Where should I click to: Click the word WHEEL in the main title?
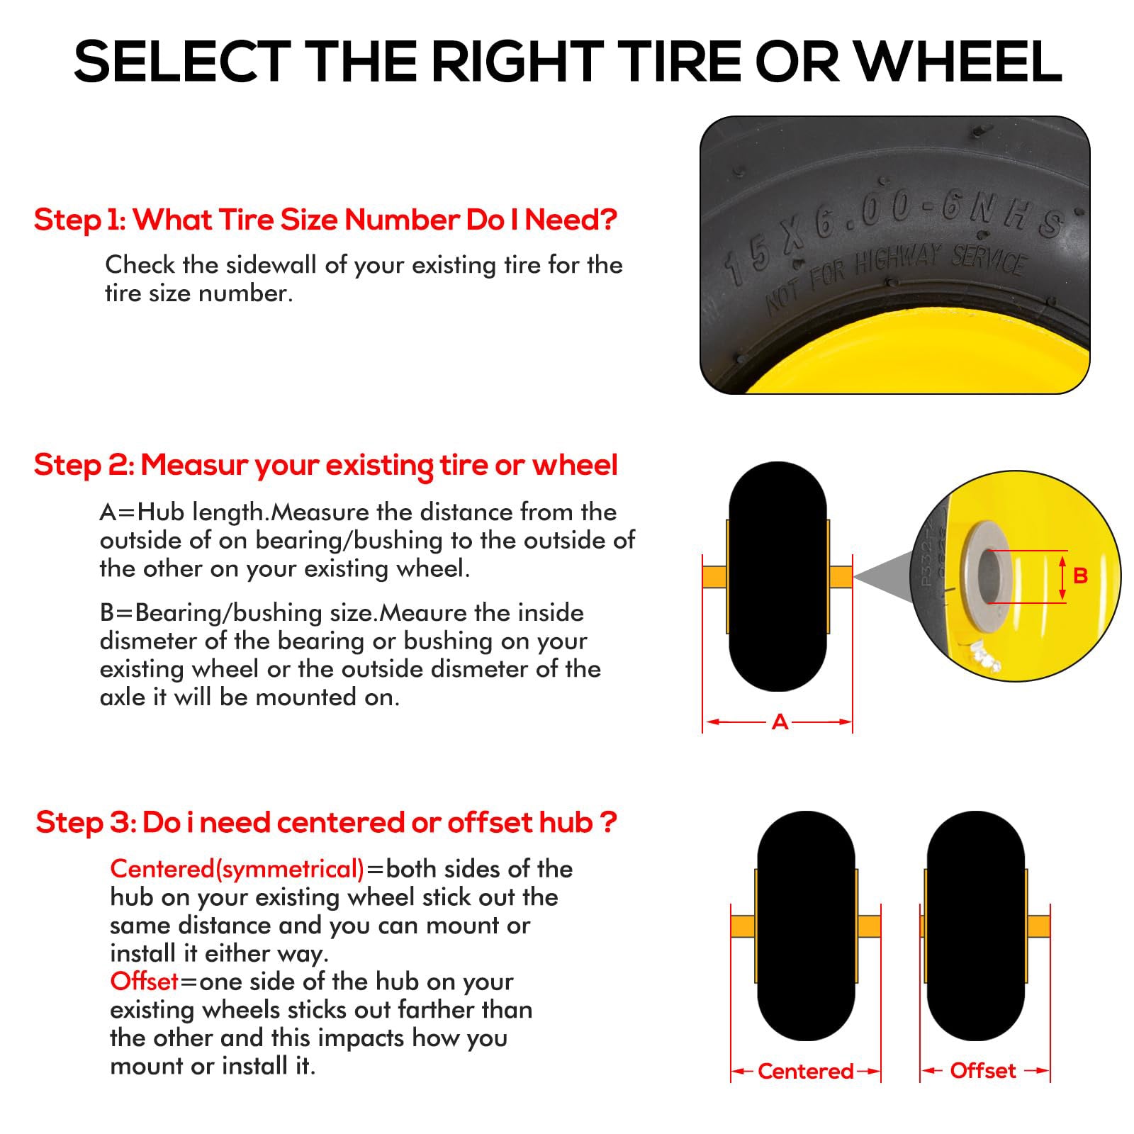[959, 62]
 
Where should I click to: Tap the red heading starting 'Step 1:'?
[326, 220]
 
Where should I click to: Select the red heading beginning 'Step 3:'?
[327, 822]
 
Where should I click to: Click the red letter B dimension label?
[1080, 576]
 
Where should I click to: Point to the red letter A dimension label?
[780, 722]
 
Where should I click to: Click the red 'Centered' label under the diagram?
[805, 1071]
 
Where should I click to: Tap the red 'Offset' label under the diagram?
[983, 1071]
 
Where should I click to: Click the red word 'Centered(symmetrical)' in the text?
[237, 869]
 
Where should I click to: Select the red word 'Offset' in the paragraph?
[144, 982]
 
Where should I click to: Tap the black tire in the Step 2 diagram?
[777, 576]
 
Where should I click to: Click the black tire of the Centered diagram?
[806, 926]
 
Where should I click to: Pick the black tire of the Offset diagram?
[975, 926]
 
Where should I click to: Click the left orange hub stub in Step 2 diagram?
[715, 576]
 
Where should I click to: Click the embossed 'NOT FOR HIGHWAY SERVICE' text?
[894, 276]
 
